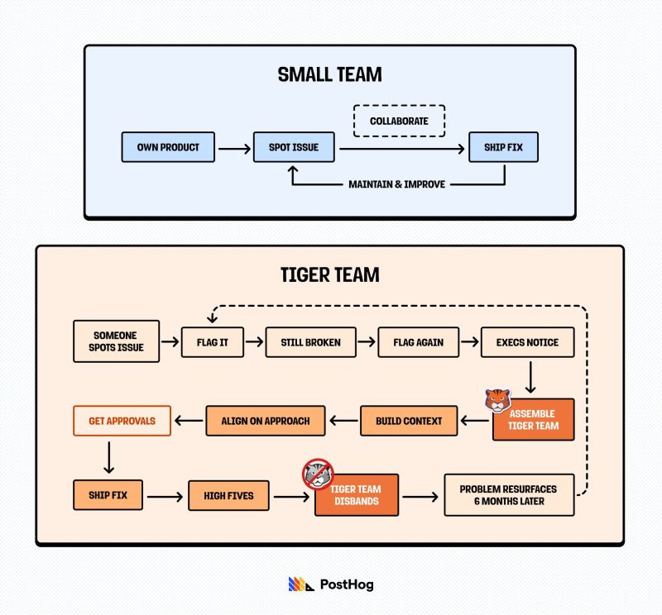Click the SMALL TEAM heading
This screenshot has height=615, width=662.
329,74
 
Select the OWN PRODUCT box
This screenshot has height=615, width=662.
169,147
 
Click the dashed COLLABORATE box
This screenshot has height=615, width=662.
400,121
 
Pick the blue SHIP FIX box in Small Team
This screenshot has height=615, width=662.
503,147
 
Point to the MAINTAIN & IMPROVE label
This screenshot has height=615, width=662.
397,184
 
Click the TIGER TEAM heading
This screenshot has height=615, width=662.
329,274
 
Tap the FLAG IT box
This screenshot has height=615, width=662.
213,341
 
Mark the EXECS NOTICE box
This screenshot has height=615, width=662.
527,341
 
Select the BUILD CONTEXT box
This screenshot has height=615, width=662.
409,421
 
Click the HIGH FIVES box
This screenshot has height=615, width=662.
228,495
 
